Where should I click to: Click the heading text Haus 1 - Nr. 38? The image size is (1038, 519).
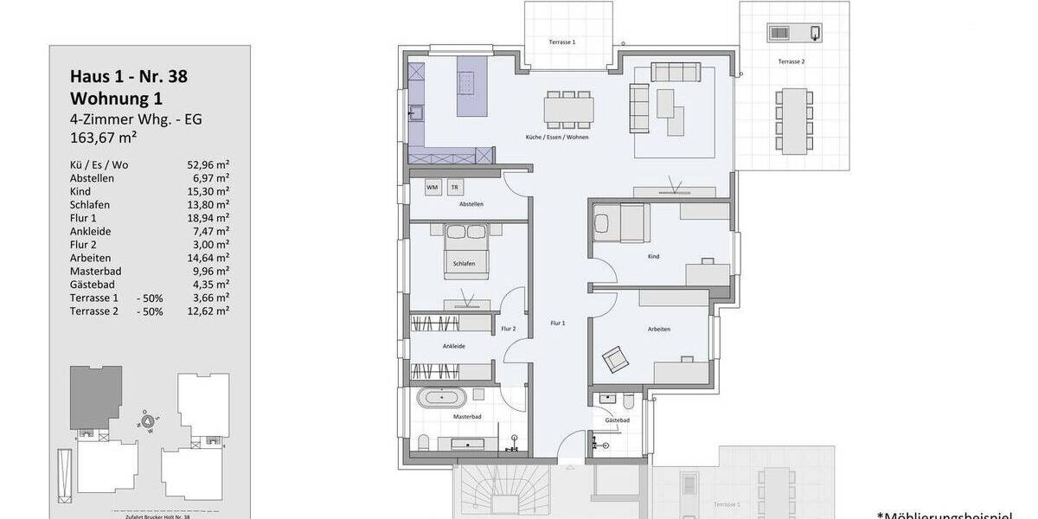128,76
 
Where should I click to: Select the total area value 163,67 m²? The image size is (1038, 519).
105,137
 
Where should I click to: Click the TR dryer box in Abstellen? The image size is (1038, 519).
455,187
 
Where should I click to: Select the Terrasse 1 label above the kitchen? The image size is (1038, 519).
562,42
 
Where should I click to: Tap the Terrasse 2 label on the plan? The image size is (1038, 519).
791,62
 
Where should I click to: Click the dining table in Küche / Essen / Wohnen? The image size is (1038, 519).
569,109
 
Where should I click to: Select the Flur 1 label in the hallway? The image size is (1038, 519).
557,323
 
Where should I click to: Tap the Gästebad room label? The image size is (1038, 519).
617,420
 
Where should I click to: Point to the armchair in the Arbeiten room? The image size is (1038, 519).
617,357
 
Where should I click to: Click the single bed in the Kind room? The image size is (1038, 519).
619,224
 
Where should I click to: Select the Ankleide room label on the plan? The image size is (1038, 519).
454,346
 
